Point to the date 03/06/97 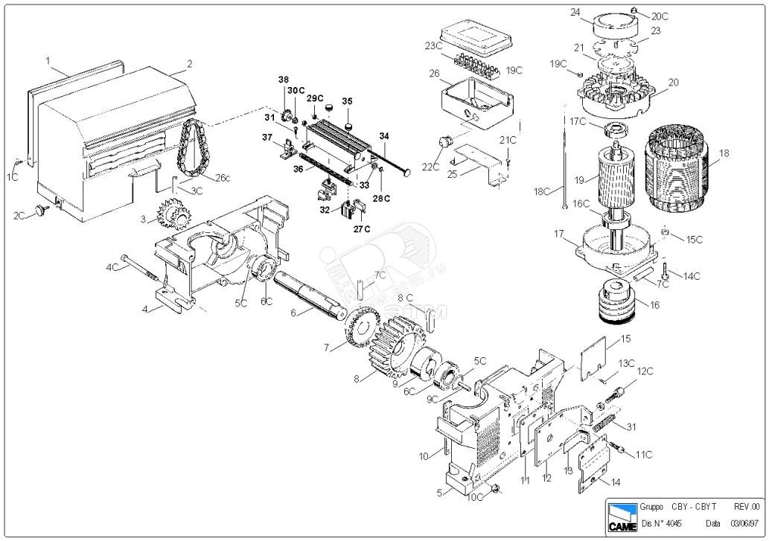[746, 524]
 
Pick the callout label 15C [694, 240]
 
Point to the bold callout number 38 [283, 80]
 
